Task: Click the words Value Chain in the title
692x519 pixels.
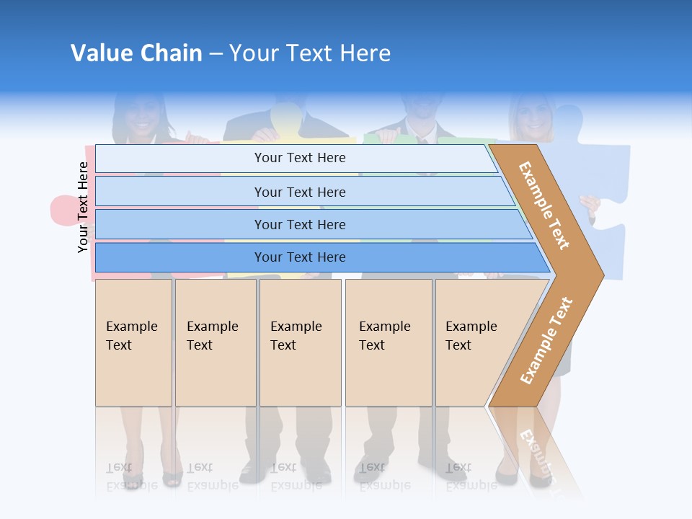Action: pyautogui.click(x=136, y=53)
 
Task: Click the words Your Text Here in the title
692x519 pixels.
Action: pyautogui.click(x=310, y=53)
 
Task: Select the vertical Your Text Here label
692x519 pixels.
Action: pyautogui.click(x=83, y=207)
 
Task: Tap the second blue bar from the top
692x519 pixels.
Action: pyautogui.click(x=299, y=192)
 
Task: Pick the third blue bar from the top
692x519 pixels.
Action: pyautogui.click(x=299, y=224)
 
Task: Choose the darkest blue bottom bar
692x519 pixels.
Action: pyautogui.click(x=299, y=257)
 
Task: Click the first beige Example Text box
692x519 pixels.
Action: pyautogui.click(x=133, y=342)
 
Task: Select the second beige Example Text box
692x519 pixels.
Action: pyautogui.click(x=215, y=342)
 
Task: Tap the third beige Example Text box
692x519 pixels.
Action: pyautogui.click(x=299, y=342)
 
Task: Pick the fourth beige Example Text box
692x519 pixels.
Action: pyautogui.click(x=388, y=342)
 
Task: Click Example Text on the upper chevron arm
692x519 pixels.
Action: pyautogui.click(x=544, y=205)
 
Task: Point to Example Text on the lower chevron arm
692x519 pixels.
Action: pyautogui.click(x=546, y=340)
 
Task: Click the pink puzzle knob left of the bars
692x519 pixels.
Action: pyautogui.click(x=61, y=210)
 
